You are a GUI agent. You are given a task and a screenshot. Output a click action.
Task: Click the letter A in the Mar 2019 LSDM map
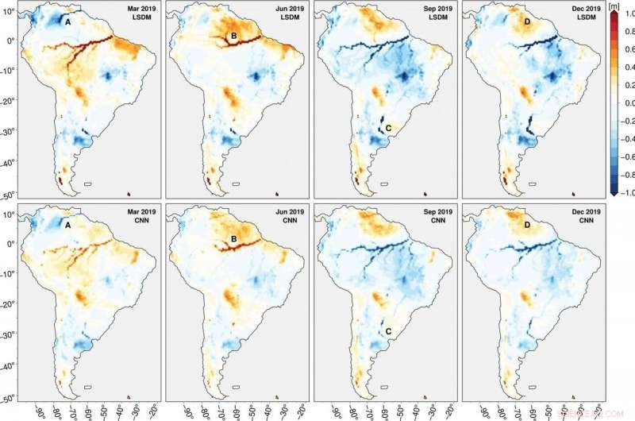click(67, 22)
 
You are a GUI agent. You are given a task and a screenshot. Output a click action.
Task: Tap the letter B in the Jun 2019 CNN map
click(234, 240)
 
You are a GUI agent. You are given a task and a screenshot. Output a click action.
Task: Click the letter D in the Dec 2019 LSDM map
click(526, 21)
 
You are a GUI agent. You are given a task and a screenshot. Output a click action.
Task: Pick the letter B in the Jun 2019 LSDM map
click(234, 37)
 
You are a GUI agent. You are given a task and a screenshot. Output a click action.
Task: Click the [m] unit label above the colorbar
click(614, 6)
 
